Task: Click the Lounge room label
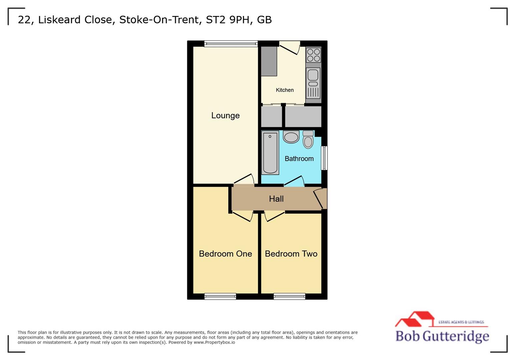225,116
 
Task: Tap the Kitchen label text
285,90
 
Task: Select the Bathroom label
299,159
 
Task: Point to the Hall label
276,199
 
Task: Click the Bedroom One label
225,254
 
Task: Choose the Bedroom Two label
291,254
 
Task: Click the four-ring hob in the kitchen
314,55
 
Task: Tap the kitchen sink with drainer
313,83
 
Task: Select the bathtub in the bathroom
270,153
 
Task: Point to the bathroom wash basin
291,137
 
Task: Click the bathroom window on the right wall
324,158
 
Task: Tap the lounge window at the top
231,43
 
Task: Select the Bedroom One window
220,296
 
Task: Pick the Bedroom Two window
289,296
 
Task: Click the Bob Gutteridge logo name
442,336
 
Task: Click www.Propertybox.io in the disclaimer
214,342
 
